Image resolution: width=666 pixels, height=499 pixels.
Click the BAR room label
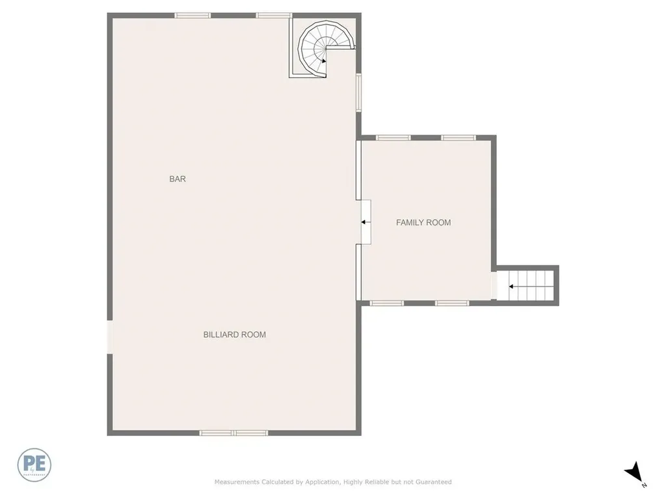pos(178,179)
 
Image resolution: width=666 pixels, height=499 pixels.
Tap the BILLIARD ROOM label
pos(235,335)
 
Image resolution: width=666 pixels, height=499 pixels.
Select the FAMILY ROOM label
pos(423,222)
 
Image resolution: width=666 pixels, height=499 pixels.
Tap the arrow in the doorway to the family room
pos(366,222)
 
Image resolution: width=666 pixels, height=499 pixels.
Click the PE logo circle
pos(34,465)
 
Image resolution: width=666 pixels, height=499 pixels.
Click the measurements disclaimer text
pos(333,482)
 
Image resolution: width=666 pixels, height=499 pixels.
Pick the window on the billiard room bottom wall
pos(234,433)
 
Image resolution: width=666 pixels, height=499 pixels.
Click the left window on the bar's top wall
pos(193,15)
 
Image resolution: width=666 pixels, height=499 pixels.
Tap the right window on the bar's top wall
pos(273,15)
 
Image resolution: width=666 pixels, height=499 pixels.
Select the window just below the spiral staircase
pos(358,92)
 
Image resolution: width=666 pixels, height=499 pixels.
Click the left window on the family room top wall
pos(393,138)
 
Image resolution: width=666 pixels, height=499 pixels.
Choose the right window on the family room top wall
pos(459,138)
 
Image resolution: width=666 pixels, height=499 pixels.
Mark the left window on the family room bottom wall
pos(386,303)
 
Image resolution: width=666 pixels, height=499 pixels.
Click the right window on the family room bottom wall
pos(452,303)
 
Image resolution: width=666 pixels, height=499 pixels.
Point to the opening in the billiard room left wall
pos(110,337)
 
